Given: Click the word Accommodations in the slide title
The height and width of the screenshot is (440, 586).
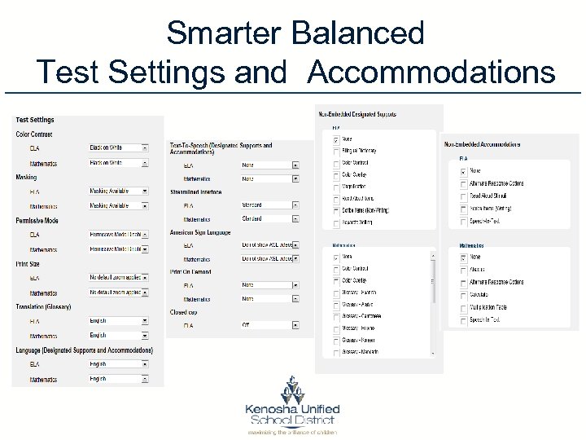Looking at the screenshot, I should tap(432, 72).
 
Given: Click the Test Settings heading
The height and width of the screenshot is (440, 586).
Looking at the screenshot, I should tap(35, 121).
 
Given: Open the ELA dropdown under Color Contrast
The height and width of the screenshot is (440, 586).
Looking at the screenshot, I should tap(119, 147).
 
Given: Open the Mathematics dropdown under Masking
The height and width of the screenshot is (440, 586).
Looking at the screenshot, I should tap(119, 205).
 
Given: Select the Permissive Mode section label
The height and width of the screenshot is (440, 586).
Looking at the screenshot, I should tap(37, 221).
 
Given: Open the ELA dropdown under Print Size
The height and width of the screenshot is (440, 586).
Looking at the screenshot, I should tap(119, 277).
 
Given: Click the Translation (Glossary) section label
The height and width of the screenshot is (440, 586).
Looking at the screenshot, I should tap(43, 306).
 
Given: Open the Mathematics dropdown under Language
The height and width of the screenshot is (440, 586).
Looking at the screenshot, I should tap(119, 379).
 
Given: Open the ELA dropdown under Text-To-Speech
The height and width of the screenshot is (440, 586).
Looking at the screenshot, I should tap(269, 165).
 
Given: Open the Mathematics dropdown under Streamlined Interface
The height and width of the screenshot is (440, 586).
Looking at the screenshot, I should tap(269, 218).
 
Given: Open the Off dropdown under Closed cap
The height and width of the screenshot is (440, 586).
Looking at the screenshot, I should tap(269, 325).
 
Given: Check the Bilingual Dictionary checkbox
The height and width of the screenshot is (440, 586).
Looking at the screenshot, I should tap(336, 150).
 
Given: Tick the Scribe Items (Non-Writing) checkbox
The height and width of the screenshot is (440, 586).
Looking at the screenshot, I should tap(336, 209).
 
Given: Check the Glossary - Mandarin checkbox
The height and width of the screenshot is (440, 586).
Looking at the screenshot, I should tap(336, 351).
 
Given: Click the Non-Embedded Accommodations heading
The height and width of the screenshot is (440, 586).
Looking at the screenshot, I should tap(482, 145).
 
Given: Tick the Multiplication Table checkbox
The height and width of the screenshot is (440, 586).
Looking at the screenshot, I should tap(463, 308).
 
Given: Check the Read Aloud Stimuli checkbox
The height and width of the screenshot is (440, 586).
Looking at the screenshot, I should tap(463, 196).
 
